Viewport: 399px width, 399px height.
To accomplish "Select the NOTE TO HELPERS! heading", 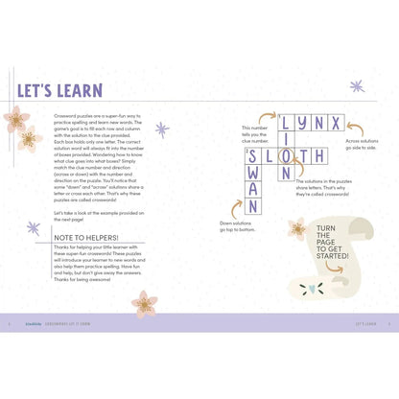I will point(87,236).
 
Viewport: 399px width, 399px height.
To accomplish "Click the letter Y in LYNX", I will point(301,123).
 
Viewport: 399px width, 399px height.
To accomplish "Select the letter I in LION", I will point(286,140).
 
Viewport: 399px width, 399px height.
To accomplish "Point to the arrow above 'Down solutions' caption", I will point(235,207).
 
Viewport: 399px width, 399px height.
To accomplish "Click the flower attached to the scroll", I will point(298,228).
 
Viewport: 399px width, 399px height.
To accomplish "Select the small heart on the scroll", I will point(313,286).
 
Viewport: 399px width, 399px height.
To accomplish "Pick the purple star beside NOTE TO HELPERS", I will point(34,228).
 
